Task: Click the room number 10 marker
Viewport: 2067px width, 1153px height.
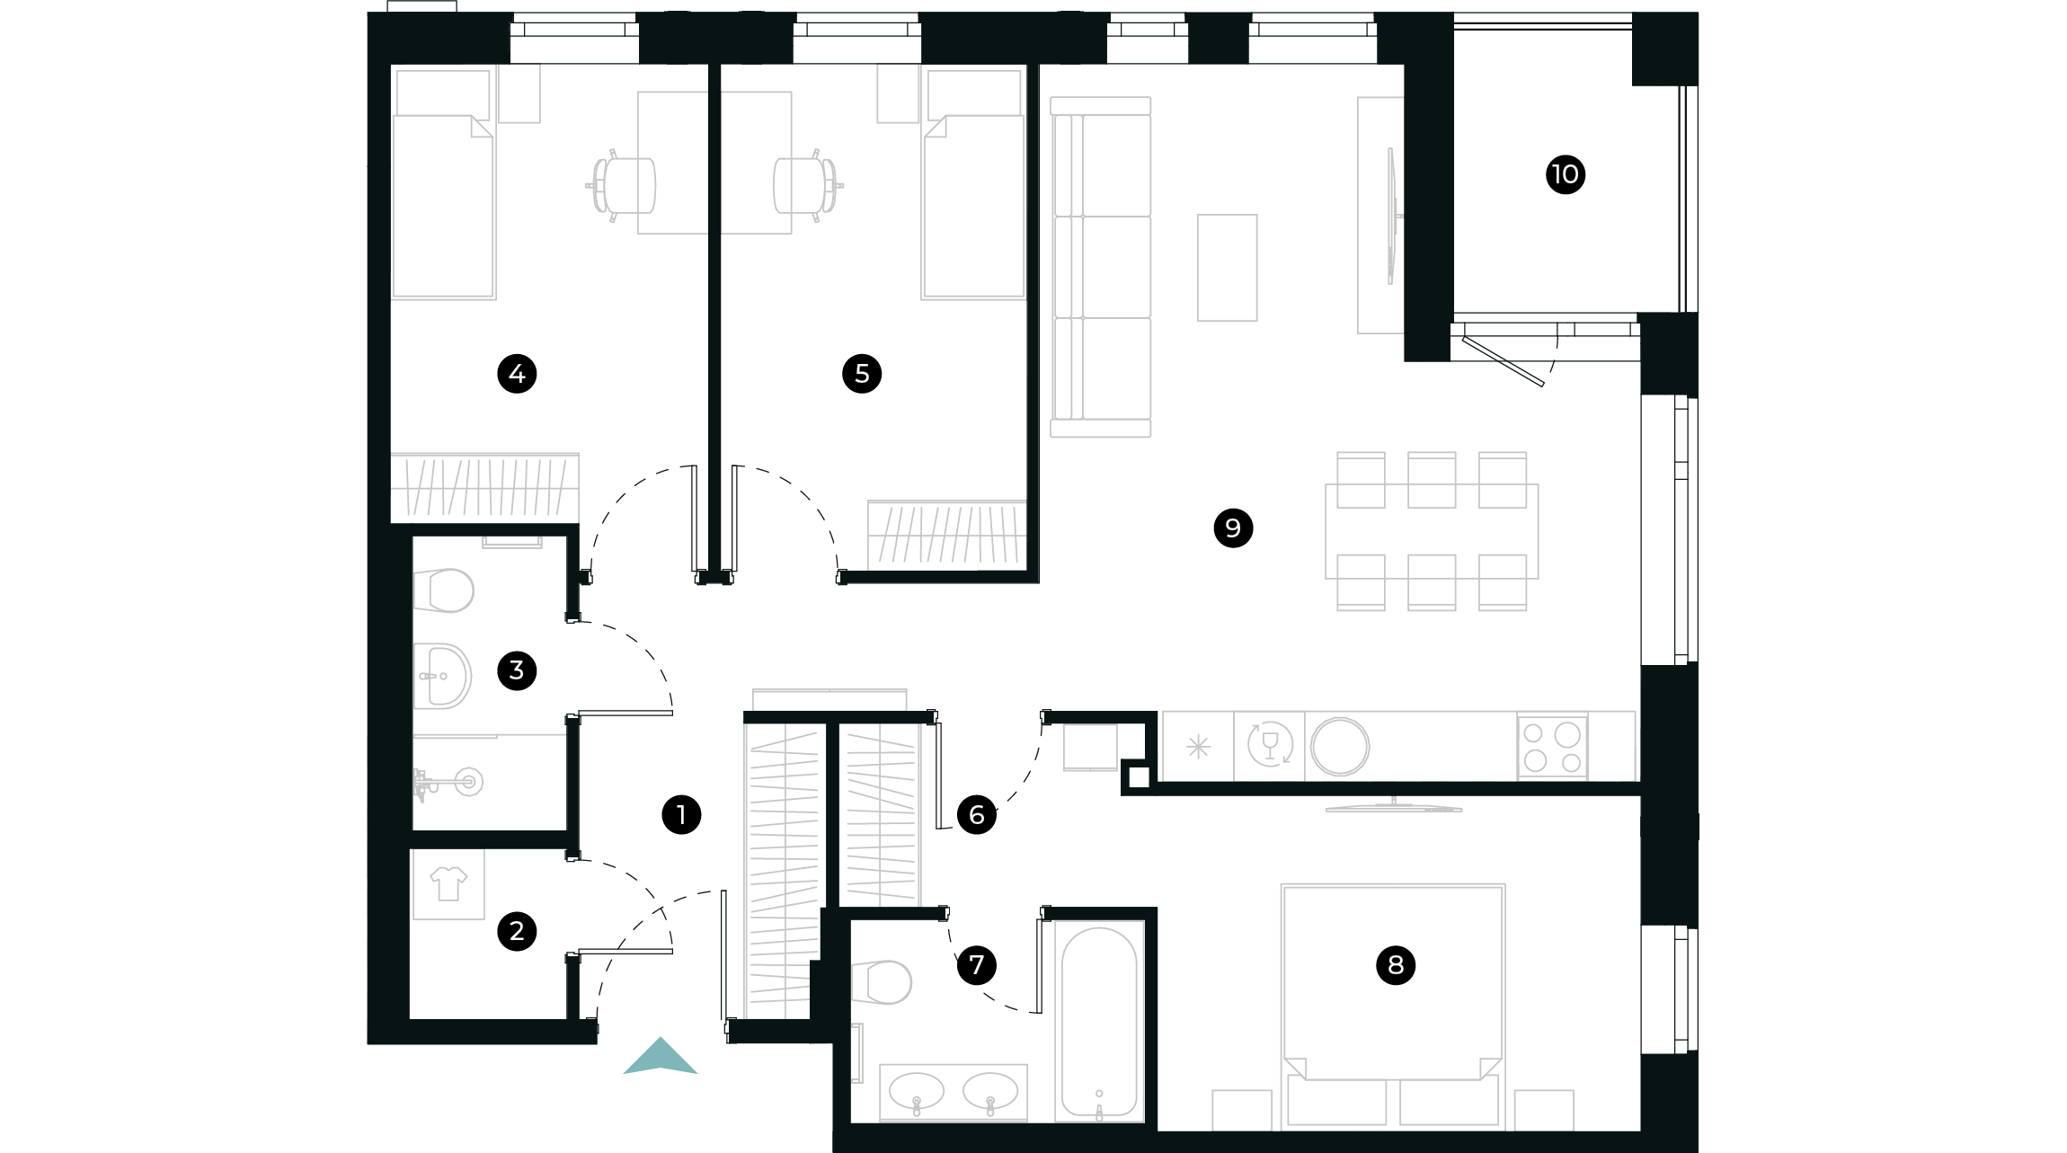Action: click(1565, 174)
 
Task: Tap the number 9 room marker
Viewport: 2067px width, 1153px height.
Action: click(1233, 528)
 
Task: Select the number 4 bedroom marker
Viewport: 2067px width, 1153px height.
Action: click(517, 374)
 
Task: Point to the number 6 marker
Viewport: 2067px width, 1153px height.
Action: click(976, 815)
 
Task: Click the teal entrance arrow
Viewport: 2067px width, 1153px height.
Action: click(661, 1058)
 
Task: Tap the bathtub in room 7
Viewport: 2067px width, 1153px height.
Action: click(1099, 1021)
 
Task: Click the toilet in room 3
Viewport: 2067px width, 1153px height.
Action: click(445, 590)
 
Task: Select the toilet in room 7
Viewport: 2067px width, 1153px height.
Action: click(883, 981)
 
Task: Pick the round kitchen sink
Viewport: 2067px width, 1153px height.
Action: click(1339, 747)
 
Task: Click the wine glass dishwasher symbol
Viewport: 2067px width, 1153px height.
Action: click(1270, 746)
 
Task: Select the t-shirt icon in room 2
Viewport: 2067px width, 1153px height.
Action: click(448, 884)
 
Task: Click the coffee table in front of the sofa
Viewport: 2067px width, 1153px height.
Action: click(1227, 268)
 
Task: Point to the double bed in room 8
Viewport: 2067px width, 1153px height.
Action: click(1393, 989)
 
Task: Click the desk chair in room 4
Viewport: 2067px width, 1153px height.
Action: click(623, 186)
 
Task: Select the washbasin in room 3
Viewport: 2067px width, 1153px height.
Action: click(442, 676)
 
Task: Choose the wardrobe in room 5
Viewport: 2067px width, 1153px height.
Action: click(947, 535)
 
